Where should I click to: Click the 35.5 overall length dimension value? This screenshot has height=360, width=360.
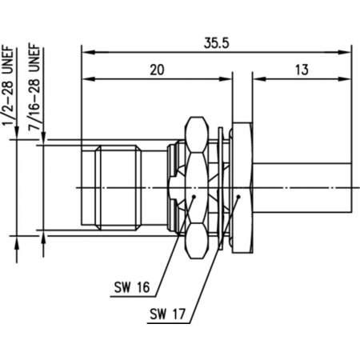coord(216,43)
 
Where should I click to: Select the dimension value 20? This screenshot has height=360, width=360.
coord(157,70)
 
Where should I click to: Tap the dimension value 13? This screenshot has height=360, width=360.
coord(302,70)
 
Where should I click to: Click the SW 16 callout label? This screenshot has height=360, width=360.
coord(132,287)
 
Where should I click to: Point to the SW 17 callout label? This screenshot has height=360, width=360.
coord(167,314)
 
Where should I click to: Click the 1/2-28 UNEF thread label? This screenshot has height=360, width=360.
coord(8,86)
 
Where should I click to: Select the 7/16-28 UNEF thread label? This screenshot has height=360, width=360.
coord(34,87)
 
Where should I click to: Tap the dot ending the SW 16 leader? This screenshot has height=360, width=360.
coord(194,197)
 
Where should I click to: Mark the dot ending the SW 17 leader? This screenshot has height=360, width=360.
coord(238,197)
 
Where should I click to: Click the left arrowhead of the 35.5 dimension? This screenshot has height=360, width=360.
coord(88,52)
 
